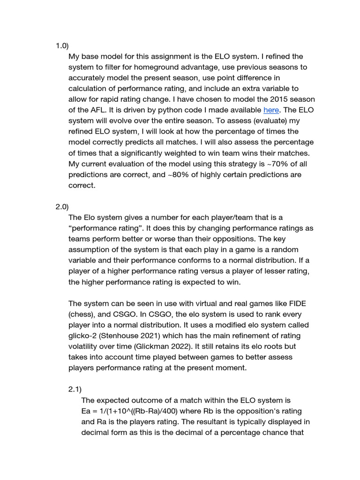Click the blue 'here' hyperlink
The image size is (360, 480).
(271, 110)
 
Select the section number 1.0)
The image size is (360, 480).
(62, 46)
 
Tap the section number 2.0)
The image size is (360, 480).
(62, 207)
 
